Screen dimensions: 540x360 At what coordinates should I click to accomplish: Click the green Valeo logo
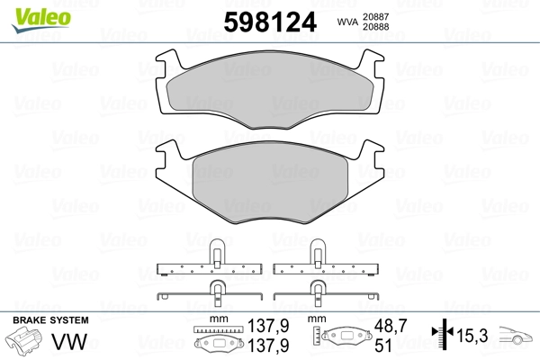coord(41,20)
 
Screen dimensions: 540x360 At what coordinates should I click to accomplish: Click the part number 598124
coord(270,22)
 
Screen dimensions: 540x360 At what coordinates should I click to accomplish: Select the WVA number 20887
coord(375,16)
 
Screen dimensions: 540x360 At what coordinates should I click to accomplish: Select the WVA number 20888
coord(375,27)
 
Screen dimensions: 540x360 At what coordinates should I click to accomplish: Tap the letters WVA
coord(347,22)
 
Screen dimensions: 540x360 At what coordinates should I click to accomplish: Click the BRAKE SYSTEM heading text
coord(50,320)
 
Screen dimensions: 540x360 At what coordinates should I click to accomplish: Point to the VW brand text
coord(69,342)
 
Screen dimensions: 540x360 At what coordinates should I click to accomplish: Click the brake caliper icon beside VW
coord(24,339)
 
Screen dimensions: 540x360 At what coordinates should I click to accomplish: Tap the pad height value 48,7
coord(391,326)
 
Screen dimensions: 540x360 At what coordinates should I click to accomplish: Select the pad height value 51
coord(383,346)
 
